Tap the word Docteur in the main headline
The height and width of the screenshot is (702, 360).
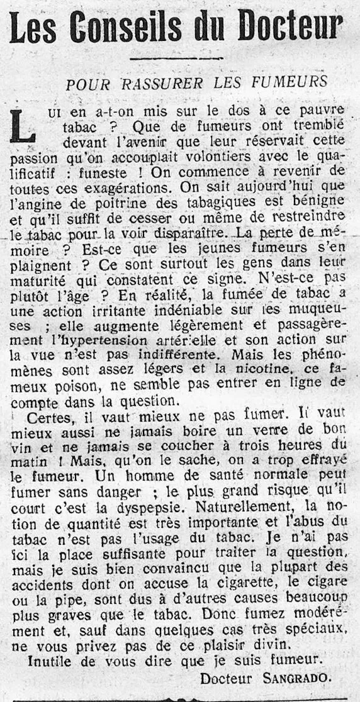(x=293, y=28)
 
